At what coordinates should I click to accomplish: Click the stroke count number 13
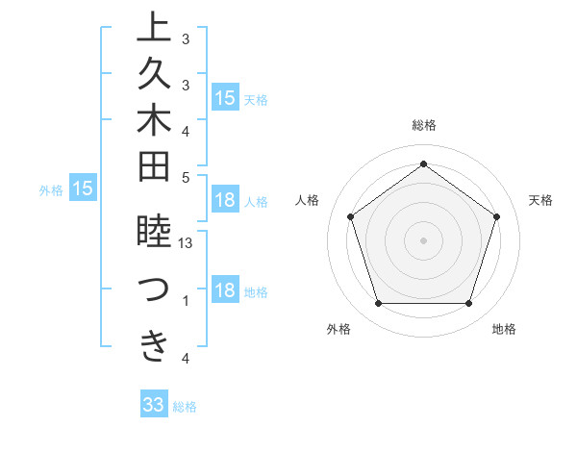click(x=186, y=244)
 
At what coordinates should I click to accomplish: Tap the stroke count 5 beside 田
click(x=186, y=177)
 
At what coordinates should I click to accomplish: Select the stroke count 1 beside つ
click(x=186, y=301)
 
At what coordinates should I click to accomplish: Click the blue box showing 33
click(x=154, y=405)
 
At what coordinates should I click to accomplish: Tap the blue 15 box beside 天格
click(x=225, y=97)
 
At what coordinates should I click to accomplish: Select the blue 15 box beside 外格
click(x=83, y=189)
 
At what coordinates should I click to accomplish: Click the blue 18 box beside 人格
click(x=225, y=200)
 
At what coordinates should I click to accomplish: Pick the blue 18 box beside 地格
click(x=225, y=291)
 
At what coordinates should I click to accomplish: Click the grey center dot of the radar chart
click(x=423, y=239)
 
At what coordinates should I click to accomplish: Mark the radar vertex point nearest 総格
click(x=423, y=163)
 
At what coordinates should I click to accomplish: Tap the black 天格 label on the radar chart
click(x=540, y=200)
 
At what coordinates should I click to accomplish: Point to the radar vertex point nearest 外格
click(x=378, y=304)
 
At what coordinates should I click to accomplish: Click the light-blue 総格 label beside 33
click(x=185, y=407)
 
